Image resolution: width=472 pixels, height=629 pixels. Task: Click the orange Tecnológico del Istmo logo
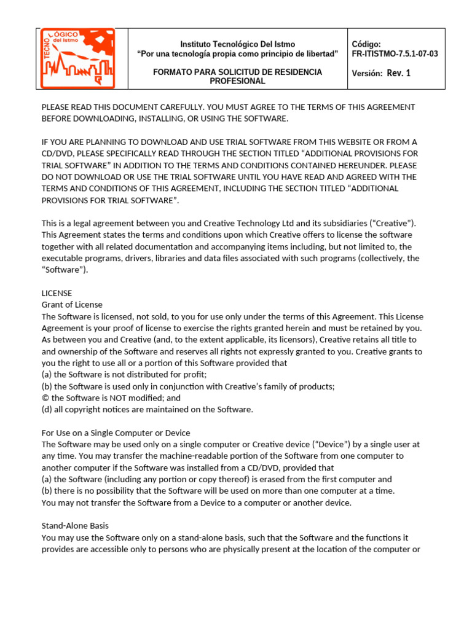77,58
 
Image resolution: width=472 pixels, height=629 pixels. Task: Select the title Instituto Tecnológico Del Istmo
237,44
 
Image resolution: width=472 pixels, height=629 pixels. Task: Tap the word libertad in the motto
321,54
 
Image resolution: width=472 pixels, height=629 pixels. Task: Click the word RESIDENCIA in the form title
293,72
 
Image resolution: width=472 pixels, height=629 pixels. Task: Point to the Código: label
366,44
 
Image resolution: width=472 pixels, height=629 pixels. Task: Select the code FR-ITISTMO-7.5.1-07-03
395,54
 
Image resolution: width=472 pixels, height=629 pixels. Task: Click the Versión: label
367,74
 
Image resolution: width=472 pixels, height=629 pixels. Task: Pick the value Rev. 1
399,74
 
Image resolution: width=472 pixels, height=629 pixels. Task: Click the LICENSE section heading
57,293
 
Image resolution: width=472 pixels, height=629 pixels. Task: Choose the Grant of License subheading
72,305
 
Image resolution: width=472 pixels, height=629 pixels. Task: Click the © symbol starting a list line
45,398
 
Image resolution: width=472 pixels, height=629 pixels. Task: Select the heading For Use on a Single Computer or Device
116,433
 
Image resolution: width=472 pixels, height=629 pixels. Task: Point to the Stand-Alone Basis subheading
74,526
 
